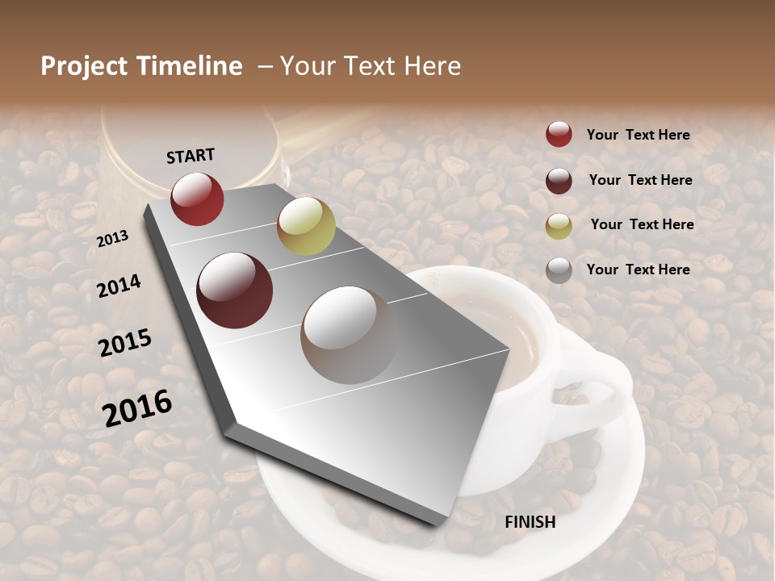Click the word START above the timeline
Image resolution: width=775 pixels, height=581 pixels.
point(191,155)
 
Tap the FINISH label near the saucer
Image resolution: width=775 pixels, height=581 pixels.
point(530,522)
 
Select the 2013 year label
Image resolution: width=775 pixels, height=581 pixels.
point(113,239)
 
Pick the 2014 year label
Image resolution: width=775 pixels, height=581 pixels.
point(119,285)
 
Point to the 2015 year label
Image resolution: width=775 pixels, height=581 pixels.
point(125,343)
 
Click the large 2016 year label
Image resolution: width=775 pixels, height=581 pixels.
point(137,407)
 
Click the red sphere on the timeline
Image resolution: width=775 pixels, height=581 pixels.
point(197,199)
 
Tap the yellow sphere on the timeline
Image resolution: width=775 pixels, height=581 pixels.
point(306,226)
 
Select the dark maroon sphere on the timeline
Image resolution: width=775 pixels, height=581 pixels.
point(235,290)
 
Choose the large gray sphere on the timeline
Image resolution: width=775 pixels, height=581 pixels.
point(349,334)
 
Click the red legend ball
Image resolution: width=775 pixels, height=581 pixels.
point(559,134)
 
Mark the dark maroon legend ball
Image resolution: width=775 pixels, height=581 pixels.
point(559,180)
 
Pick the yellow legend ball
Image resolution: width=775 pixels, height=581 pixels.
point(559,225)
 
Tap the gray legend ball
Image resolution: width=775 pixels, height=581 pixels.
point(559,270)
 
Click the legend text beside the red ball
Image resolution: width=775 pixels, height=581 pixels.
point(638,135)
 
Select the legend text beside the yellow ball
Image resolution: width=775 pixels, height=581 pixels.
point(642,224)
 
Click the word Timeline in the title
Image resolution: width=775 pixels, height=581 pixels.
point(190,66)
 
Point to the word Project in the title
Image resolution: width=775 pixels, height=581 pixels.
point(84,66)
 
